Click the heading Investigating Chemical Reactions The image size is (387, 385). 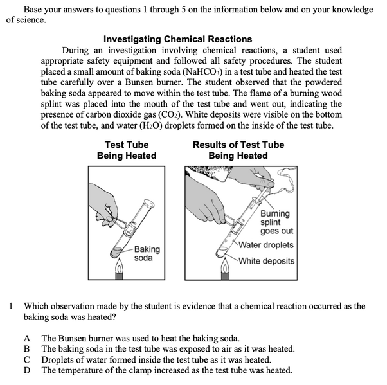click(177, 39)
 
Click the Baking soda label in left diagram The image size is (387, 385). click(147, 253)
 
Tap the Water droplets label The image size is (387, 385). click(266, 245)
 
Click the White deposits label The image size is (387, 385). click(266, 261)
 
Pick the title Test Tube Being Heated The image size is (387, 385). click(127, 150)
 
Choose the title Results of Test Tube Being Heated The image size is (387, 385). click(238, 150)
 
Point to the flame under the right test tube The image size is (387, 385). click(225, 265)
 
